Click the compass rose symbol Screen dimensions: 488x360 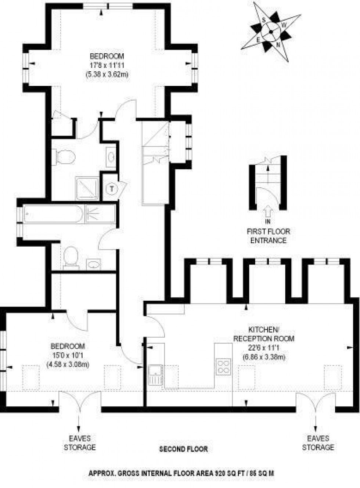tap(272, 31)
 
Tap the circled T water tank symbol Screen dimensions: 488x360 tap(111, 189)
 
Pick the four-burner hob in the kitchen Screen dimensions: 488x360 tap(223, 366)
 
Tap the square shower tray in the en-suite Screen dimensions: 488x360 tap(87, 189)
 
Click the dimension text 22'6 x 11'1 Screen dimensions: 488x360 tap(264, 348)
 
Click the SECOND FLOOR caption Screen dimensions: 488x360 tap(183, 449)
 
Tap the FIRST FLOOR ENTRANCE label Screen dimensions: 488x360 tap(268, 236)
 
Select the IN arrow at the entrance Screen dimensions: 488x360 tap(268, 212)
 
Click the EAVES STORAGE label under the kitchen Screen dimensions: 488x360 tap(318, 443)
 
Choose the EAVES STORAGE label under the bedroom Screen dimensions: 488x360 tap(80, 443)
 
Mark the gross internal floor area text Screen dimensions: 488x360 tap(181, 474)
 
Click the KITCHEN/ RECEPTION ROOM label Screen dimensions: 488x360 tap(264, 334)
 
